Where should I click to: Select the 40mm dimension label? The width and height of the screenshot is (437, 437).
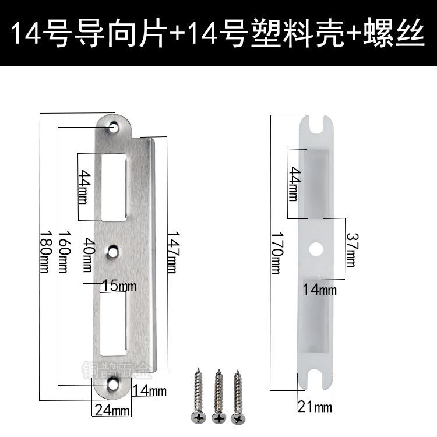(x=87, y=255)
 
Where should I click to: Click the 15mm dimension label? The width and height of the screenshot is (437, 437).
(x=119, y=287)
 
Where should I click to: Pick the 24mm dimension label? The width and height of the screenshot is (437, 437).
(x=112, y=410)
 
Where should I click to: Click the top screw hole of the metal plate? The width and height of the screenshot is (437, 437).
(x=114, y=126)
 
